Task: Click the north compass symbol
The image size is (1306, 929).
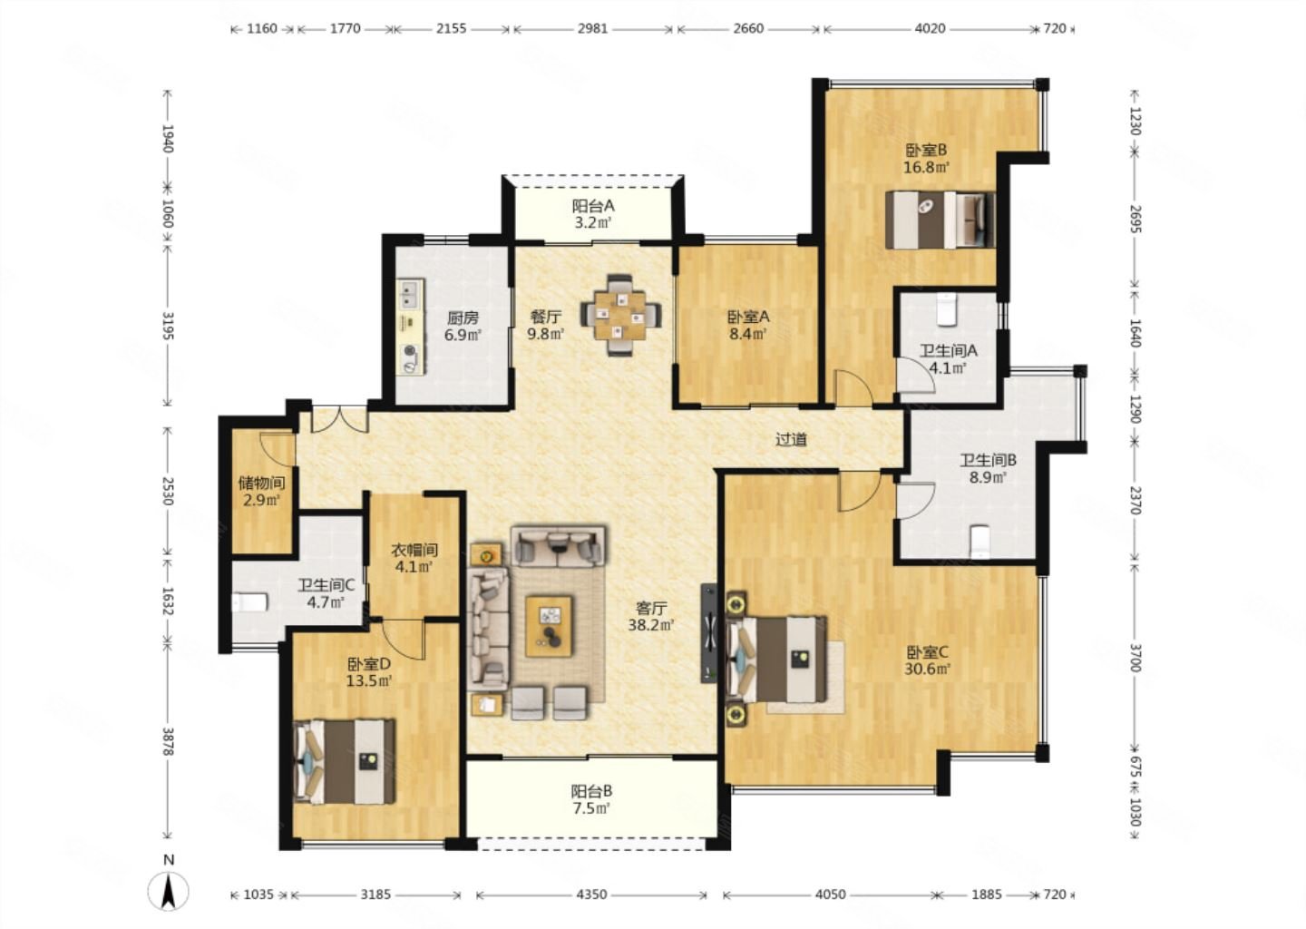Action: (169, 892)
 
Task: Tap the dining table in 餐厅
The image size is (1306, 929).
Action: (621, 316)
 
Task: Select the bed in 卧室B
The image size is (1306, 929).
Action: (940, 220)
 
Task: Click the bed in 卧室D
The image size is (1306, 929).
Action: (344, 762)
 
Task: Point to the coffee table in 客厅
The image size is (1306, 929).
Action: (549, 626)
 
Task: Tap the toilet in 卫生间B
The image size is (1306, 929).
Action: (980, 541)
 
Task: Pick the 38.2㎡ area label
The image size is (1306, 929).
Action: (650, 625)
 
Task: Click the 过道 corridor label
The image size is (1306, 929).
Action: (791, 439)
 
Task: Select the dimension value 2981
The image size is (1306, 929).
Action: (592, 28)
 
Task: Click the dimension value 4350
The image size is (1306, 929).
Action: (591, 894)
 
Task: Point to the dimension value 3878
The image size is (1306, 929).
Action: (168, 741)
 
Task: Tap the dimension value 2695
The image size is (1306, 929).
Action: (1135, 219)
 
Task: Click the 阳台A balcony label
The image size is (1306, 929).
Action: (593, 206)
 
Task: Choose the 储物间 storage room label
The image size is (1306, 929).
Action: (262, 483)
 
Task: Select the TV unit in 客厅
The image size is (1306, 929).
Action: (709, 632)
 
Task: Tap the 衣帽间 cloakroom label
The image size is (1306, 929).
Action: (414, 550)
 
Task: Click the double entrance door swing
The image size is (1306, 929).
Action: (340, 419)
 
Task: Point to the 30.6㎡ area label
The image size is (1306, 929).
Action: (927, 669)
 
